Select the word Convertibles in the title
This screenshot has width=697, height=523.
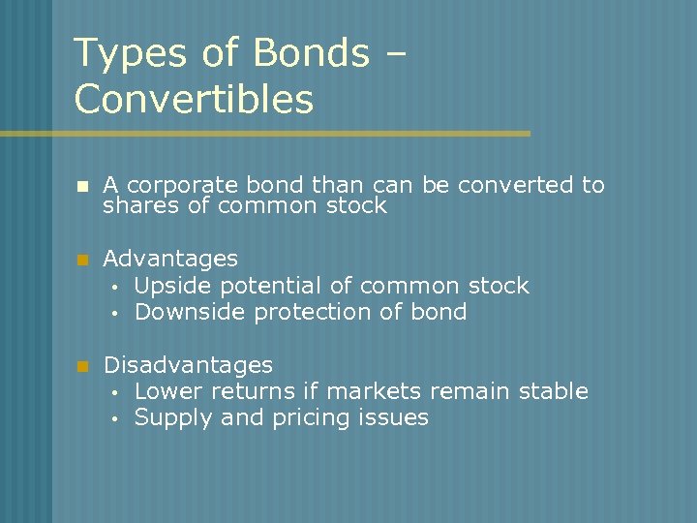click(x=194, y=100)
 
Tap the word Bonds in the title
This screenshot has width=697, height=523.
click(x=310, y=54)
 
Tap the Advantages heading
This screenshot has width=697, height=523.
click(x=170, y=259)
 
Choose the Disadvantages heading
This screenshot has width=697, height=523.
click(x=188, y=365)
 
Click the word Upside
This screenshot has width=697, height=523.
click(x=174, y=286)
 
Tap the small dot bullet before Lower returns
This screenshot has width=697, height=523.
click(x=113, y=393)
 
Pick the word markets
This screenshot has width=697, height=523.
click(x=374, y=391)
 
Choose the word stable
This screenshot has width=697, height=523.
click(x=553, y=391)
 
